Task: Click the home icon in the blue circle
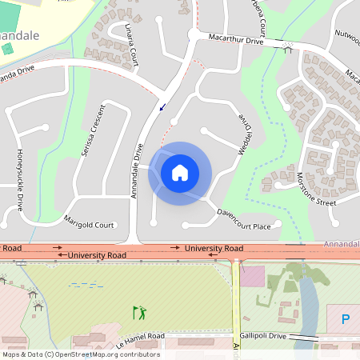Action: tap(180, 173)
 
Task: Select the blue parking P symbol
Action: tap(346, 319)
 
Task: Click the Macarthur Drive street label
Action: tap(236, 38)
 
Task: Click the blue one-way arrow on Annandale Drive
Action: tap(162, 107)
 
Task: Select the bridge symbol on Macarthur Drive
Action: tap(287, 49)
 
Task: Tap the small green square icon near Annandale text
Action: tap(7, 50)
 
